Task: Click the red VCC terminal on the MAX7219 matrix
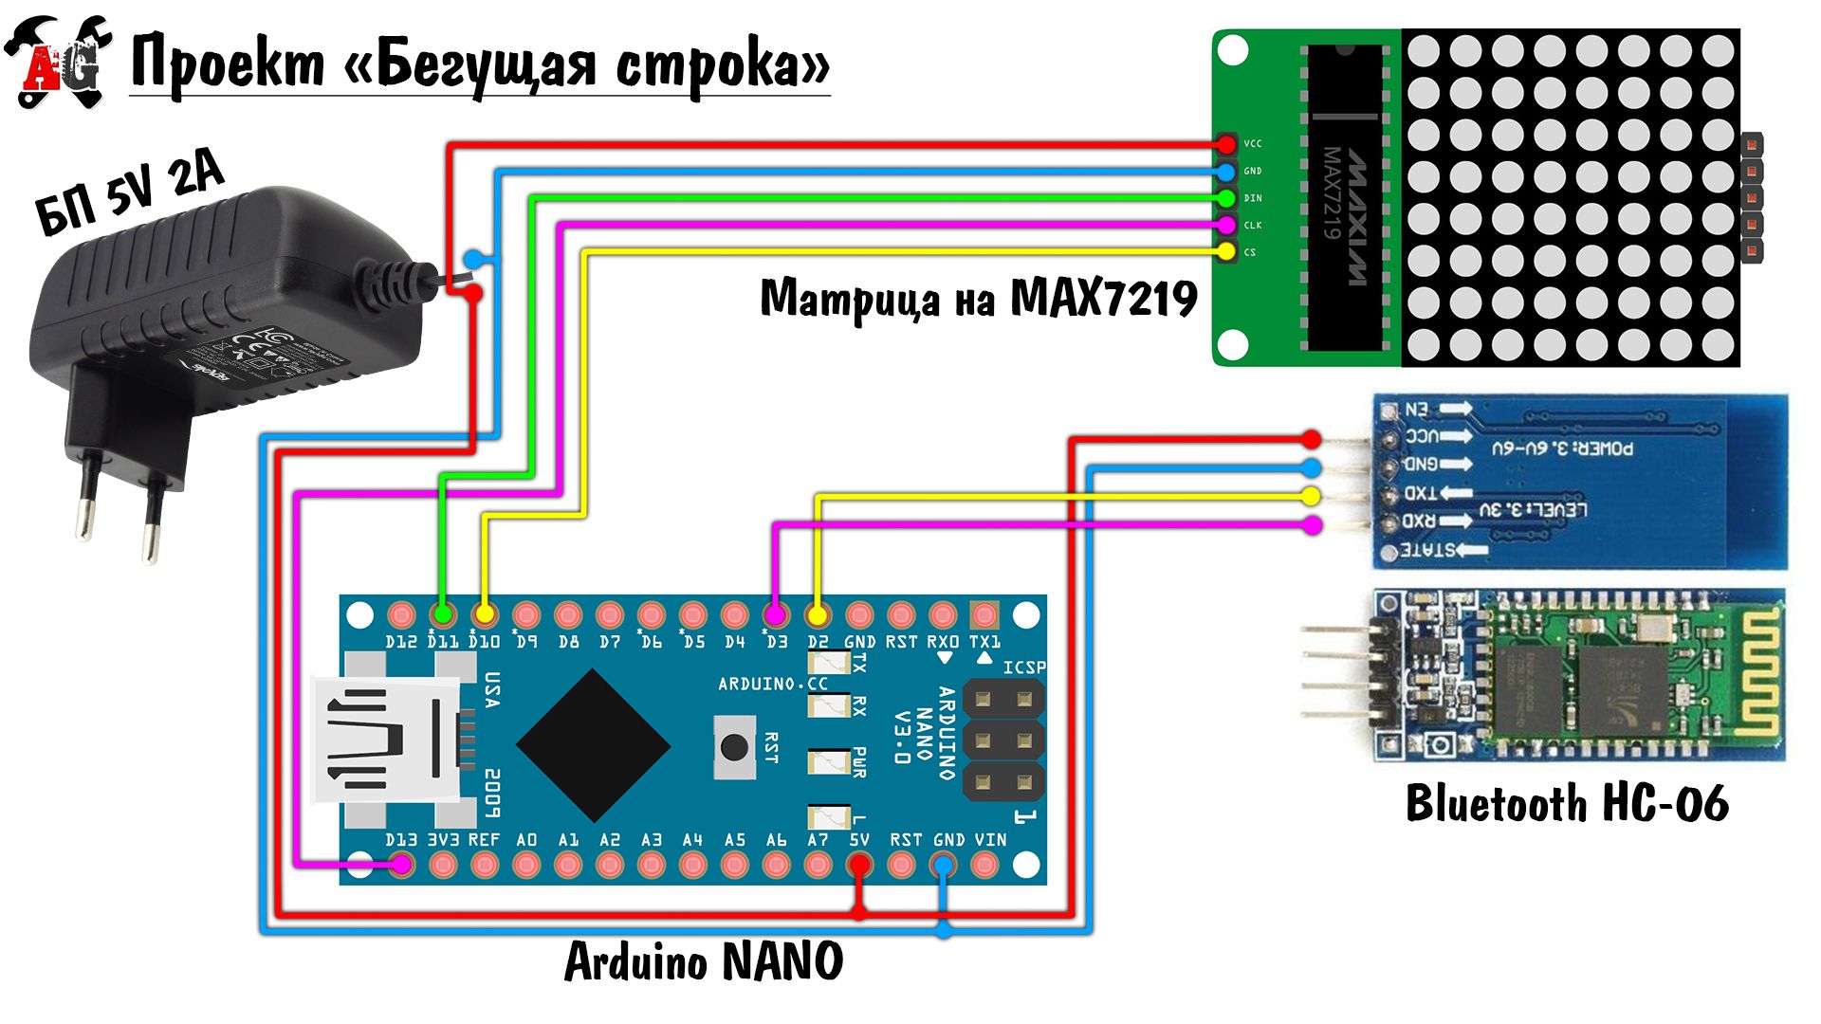(1226, 144)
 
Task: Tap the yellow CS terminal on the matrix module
(1226, 251)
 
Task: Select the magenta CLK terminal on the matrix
(1226, 225)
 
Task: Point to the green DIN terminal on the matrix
(1226, 198)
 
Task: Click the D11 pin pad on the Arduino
(442, 614)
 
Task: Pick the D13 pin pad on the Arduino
(401, 864)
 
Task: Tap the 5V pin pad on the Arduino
(859, 864)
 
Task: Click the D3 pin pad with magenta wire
(776, 614)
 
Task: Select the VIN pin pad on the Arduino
(984, 864)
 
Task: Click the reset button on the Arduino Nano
(734, 747)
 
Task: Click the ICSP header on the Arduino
(1003, 741)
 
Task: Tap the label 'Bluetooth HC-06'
(1567, 804)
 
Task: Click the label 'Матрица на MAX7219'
(979, 300)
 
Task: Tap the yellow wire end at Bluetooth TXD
(1311, 495)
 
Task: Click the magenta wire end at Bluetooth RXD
(1311, 524)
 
